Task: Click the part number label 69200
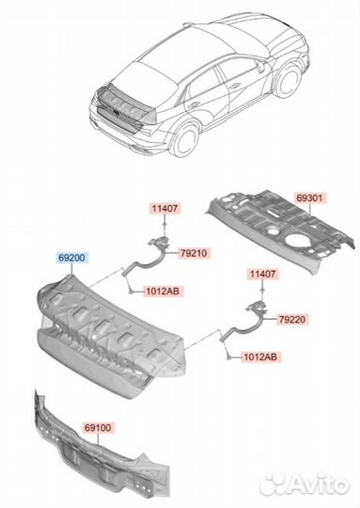point(71,258)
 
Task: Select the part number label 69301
point(310,198)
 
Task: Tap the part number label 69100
point(98,428)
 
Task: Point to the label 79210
point(194,253)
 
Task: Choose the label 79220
point(292,320)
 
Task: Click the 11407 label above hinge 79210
point(164,208)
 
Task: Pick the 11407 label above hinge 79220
point(262,275)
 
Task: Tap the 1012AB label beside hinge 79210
point(163,292)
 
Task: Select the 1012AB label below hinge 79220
point(260,357)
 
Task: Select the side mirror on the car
point(260,66)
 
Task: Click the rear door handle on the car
point(195,104)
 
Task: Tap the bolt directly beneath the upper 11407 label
point(164,224)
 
